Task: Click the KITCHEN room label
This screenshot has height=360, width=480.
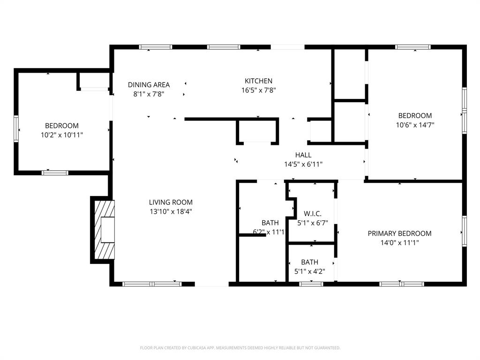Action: coord(258,81)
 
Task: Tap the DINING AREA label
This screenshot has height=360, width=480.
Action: coord(149,85)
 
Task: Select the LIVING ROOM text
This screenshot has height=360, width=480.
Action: coord(171,202)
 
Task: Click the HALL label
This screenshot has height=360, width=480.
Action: coord(303,155)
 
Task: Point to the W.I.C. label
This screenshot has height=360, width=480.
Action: coord(312,214)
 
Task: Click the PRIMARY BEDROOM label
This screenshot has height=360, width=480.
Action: coord(399,233)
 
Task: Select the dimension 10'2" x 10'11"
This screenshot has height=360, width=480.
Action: coord(62,135)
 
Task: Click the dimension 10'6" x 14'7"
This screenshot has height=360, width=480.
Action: coord(415,125)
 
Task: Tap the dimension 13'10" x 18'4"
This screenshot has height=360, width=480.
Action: coord(171,211)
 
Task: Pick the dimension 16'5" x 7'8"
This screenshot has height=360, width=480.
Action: coord(258,90)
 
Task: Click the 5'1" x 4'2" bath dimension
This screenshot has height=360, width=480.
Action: coord(310,271)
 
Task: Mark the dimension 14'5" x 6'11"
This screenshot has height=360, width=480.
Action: coord(303,165)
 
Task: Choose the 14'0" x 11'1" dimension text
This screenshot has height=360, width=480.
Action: coord(399,243)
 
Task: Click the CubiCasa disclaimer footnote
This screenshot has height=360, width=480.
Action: coord(240,348)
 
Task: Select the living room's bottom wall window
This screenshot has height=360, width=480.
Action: coord(152,284)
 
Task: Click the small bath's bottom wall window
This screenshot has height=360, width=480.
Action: coord(311,284)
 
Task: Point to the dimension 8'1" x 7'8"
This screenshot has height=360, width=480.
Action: coord(149,94)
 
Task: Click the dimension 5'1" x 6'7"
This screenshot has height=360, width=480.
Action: coord(312,224)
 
